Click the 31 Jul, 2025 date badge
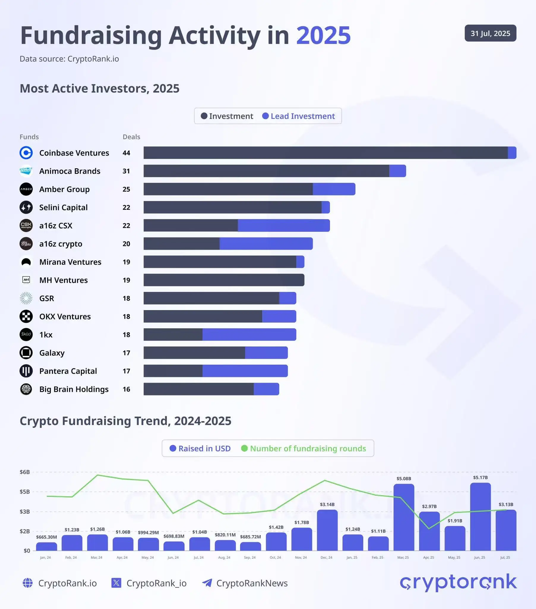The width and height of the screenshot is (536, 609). (490, 33)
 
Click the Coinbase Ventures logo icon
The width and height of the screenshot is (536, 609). (26, 153)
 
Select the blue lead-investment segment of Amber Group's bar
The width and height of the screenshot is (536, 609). (334, 189)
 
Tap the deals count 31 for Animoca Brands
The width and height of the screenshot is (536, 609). (126, 171)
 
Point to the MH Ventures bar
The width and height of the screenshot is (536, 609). (224, 280)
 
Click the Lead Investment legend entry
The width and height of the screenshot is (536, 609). (298, 116)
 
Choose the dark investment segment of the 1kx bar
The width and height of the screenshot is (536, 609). (173, 335)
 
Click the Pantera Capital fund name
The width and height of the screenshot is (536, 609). (68, 371)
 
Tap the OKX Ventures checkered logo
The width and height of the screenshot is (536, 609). (26, 316)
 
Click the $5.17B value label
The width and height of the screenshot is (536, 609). (480, 477)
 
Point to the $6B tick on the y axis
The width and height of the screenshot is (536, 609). (25, 472)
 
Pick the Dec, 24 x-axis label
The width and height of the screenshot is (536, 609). (326, 558)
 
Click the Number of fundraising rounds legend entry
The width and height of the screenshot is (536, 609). (303, 448)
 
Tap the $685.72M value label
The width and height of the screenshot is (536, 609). (250, 537)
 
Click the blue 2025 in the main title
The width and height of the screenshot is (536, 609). (323, 35)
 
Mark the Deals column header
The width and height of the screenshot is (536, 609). (131, 137)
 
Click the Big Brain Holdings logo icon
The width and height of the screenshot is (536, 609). (26, 389)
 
